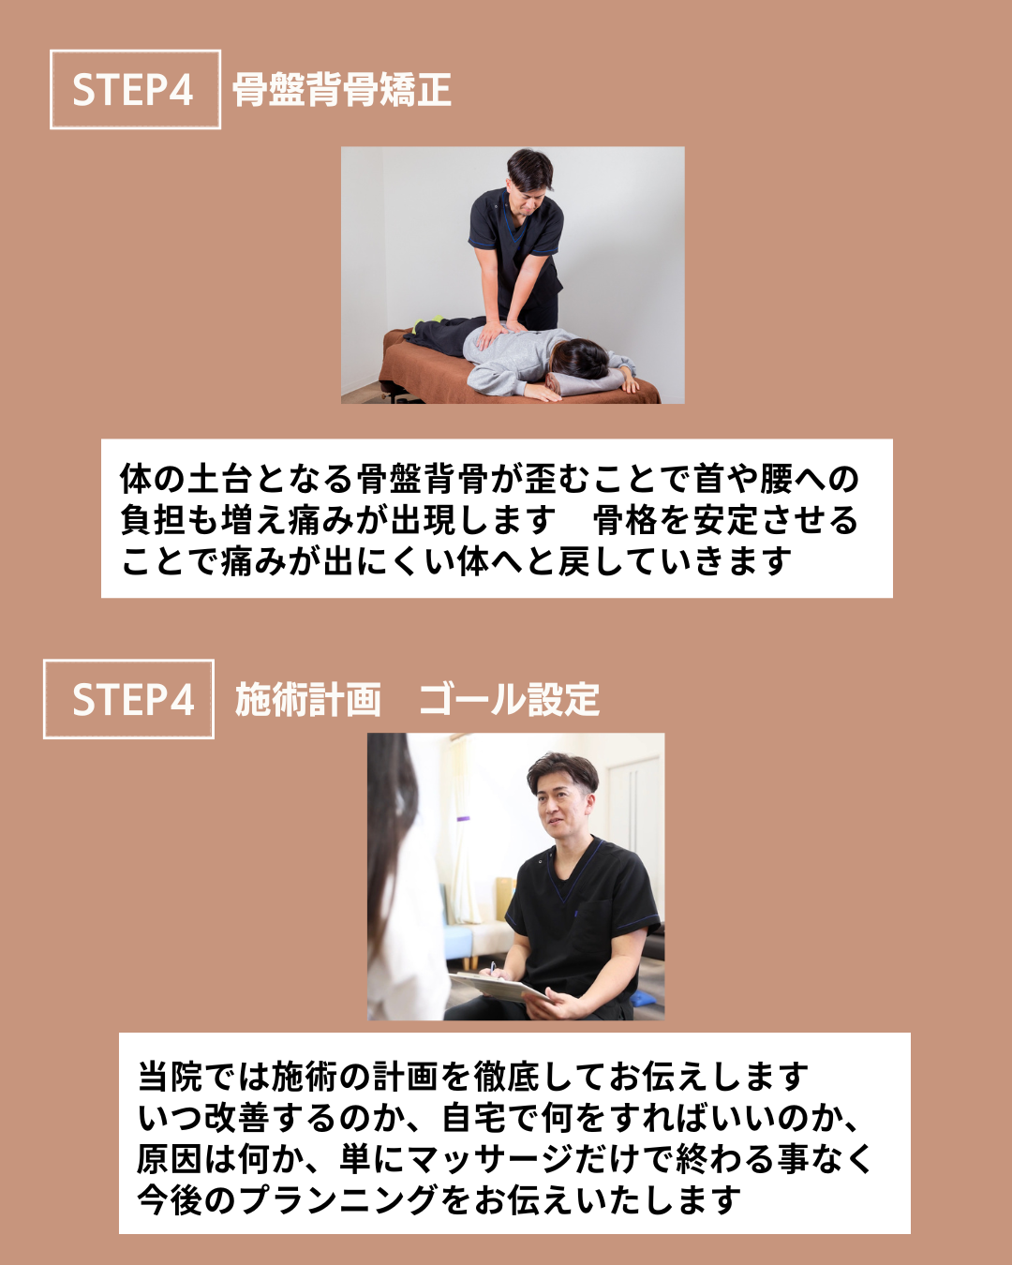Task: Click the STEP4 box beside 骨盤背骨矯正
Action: point(135,89)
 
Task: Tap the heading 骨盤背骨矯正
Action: point(342,90)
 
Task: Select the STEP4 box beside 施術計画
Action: point(128,699)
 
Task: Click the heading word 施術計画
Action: point(307,700)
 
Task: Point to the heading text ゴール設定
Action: point(509,700)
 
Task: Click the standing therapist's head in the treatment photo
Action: point(529,175)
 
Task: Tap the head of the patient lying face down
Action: point(582,360)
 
